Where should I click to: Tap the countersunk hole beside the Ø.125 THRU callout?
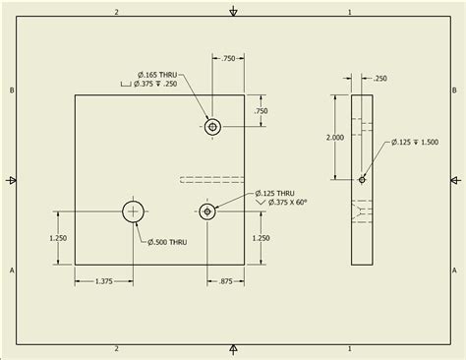[x=206, y=210]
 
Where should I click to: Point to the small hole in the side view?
[x=363, y=179]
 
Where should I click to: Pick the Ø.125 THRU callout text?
[x=275, y=193]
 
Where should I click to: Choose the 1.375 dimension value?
[x=104, y=282]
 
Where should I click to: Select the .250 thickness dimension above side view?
[x=379, y=77]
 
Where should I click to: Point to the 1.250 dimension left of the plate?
[x=57, y=237]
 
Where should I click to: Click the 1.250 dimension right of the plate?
[x=261, y=237]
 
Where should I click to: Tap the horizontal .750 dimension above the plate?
[x=228, y=60]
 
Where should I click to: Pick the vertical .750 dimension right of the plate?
[x=261, y=111]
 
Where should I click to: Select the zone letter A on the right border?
[x=455, y=269]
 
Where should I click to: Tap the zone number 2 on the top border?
[x=116, y=12]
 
